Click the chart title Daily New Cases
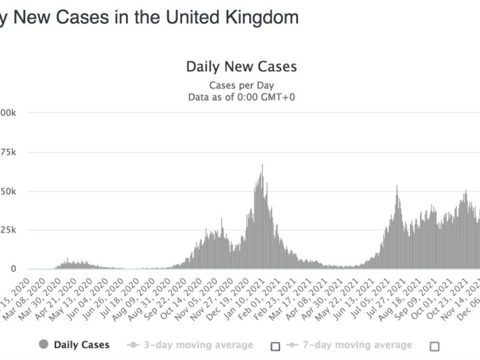click(x=241, y=67)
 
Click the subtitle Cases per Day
click(x=241, y=85)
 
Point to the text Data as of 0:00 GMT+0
click(x=241, y=97)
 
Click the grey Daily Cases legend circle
click(x=44, y=345)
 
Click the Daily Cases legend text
click(x=81, y=345)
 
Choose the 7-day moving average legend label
click(x=356, y=345)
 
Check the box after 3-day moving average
click(x=275, y=346)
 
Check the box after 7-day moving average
click(x=435, y=346)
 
